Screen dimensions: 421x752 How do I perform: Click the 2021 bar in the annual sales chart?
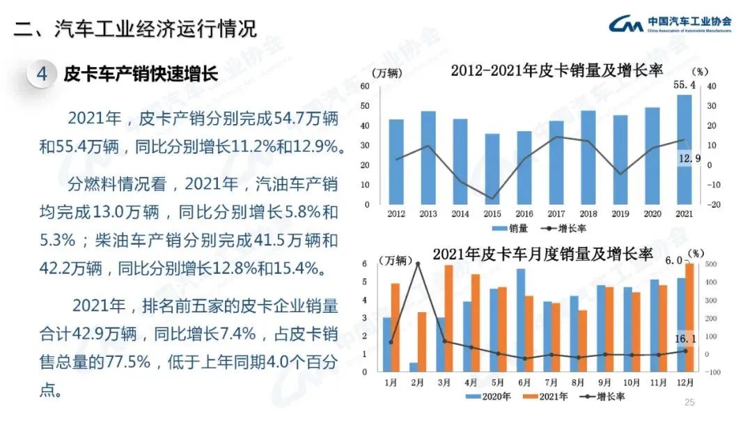click(x=684, y=150)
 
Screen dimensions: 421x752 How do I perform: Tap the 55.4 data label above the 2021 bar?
click(x=684, y=84)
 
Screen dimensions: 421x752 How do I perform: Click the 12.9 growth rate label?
click(x=689, y=159)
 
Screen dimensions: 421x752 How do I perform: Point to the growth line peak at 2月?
click(x=418, y=263)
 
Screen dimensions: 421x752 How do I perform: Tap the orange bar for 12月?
click(x=689, y=318)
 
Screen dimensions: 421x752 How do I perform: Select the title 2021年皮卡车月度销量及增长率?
click(x=543, y=254)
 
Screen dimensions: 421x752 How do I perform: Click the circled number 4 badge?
click(x=42, y=74)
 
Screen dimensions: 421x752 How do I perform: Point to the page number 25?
click(x=690, y=402)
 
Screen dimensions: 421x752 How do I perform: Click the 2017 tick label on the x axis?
click(x=556, y=214)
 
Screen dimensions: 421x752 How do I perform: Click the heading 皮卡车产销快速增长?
click(x=141, y=74)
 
